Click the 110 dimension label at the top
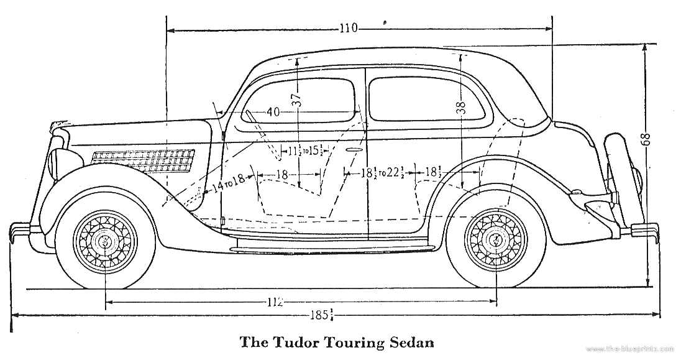[349, 28]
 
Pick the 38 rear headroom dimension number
[460, 108]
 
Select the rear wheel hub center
[496, 238]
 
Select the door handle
[355, 150]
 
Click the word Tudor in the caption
[291, 341]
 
